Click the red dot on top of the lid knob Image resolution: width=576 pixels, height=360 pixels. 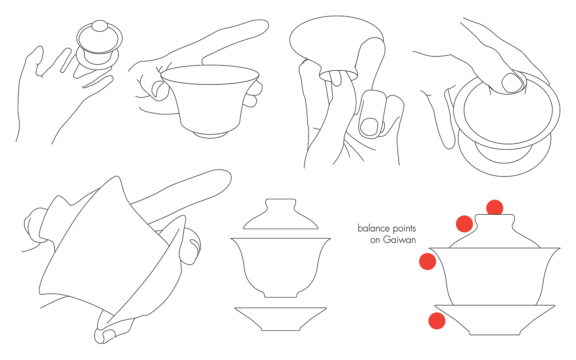(495, 208)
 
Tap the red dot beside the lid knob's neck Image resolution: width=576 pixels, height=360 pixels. (464, 224)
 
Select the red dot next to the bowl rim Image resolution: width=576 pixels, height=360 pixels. (427, 261)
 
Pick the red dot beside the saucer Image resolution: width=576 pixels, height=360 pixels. (437, 321)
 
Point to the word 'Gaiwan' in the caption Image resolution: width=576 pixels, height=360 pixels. (399, 240)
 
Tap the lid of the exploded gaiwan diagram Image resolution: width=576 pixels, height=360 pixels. (281, 214)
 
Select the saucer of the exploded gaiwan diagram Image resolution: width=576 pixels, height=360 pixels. (281, 319)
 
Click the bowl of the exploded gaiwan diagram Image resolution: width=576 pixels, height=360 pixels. (281, 268)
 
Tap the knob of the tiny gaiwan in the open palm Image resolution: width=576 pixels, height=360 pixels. (100, 26)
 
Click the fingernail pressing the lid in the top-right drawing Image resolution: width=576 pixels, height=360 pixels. (512, 83)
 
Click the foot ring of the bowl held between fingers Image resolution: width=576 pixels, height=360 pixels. (210, 135)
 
